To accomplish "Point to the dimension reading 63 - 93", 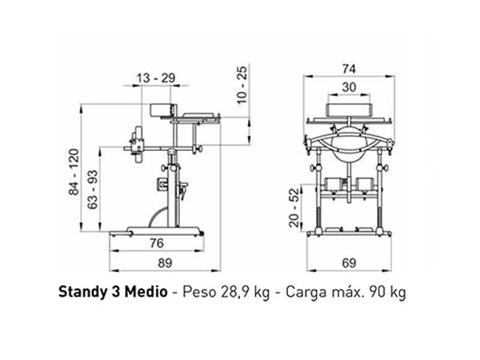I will click(x=93, y=189).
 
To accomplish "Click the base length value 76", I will click(x=157, y=244).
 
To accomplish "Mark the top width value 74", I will click(x=349, y=68).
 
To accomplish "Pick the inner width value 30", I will click(x=349, y=87).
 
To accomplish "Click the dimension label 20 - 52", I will click(x=294, y=207).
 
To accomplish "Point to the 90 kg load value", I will click(x=386, y=292).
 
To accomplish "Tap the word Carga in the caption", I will click(x=306, y=292).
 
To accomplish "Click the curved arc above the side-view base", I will click(x=157, y=215).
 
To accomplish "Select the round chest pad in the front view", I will click(x=349, y=144).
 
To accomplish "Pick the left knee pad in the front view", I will click(x=332, y=184).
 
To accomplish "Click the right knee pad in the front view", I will click(x=365, y=184).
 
